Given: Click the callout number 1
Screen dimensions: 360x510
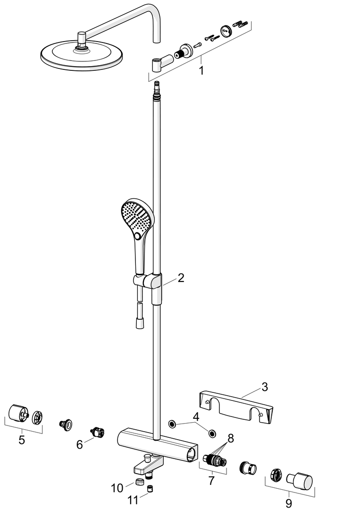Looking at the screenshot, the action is (x=201, y=70).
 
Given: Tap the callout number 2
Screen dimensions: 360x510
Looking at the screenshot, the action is (x=181, y=278).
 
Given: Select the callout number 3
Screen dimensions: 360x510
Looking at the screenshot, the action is (x=265, y=387).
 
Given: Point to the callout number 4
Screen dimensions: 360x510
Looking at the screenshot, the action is (x=196, y=416).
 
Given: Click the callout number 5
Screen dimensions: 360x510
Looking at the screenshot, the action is (x=22, y=440).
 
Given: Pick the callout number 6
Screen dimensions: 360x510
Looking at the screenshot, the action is (x=80, y=444).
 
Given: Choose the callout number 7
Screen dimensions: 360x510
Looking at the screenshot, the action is (x=211, y=480).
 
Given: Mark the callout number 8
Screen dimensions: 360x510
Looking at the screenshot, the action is (x=231, y=438).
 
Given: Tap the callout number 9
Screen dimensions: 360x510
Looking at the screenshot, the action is (x=289, y=503).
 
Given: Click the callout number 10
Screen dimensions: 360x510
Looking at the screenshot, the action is (x=117, y=488).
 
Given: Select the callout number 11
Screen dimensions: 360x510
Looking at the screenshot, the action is (x=133, y=500).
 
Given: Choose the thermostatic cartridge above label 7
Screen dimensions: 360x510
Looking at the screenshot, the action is (x=214, y=460).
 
